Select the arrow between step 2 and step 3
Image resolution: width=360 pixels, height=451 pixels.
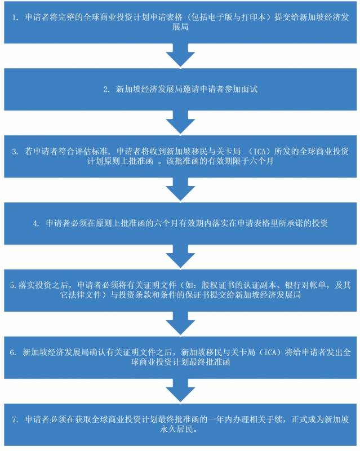[180, 121]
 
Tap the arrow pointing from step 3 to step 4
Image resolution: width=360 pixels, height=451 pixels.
[180, 188]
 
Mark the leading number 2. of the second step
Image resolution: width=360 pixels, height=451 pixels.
[105, 89]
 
